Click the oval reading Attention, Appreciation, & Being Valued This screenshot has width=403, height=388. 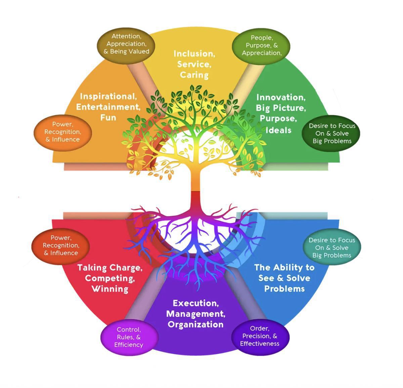pos(126,44)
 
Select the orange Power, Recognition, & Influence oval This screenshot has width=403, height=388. pos(63,132)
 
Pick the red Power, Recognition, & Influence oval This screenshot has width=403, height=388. pos(61,245)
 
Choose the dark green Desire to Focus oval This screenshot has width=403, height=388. pos(332,134)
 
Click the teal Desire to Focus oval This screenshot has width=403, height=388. pos(331,248)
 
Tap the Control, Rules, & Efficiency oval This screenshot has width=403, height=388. pos(129,337)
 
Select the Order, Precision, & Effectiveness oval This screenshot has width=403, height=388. pos(260,336)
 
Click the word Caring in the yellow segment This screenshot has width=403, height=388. pos(194,75)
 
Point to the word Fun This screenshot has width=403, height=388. pos(108,117)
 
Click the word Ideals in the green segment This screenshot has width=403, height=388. pos(278,130)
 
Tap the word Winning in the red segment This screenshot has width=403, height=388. pos(110,289)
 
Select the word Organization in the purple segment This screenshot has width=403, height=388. pos(195,325)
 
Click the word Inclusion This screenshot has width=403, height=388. pos(194,54)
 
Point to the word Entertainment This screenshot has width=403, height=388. pos(108,107)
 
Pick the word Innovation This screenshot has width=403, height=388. pos(281,97)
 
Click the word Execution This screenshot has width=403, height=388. pos(195,303)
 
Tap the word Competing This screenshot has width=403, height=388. pos(110,278)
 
